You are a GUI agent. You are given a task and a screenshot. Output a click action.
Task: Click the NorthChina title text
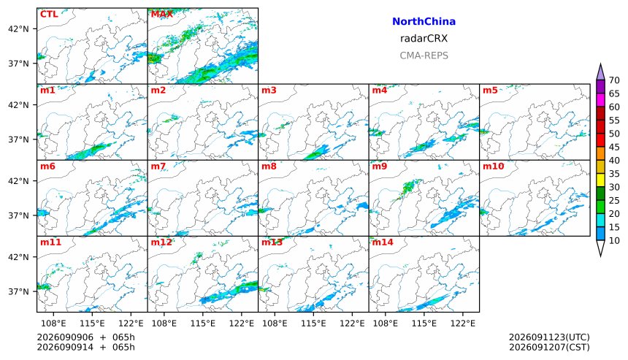tap(424, 22)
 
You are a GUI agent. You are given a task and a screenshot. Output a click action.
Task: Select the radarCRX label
tap(424, 39)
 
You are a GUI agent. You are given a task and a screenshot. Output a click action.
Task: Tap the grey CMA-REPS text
tap(424, 55)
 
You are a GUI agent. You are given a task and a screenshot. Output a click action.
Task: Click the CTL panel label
tap(49, 14)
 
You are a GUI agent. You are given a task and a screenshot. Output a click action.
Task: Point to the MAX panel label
tap(162, 14)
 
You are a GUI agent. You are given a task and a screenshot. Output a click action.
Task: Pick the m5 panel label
tap(490, 90)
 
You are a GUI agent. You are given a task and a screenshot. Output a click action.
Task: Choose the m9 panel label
tap(380, 166)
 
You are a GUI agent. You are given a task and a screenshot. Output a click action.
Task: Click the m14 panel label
tap(383, 242)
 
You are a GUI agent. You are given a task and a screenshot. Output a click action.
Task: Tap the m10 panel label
tap(493, 166)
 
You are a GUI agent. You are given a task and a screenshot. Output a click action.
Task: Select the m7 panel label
tap(158, 166)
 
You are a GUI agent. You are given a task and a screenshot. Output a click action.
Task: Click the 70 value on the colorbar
tap(614, 80)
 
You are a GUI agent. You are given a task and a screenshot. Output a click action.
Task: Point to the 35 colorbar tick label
tap(614, 174)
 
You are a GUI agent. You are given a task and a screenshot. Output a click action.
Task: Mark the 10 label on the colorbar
tap(614, 241)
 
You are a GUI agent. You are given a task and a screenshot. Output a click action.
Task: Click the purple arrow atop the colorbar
tap(600, 73)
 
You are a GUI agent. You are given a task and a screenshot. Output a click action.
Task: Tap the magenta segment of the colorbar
tap(600, 100)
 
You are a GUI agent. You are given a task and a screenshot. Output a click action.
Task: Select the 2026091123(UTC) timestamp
tap(549, 337)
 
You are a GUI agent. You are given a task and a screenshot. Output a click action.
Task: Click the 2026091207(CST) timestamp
tap(549, 347)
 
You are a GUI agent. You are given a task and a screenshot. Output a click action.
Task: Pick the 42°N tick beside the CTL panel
tap(18, 28)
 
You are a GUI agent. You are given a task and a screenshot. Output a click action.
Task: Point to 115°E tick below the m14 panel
tap(424, 323)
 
